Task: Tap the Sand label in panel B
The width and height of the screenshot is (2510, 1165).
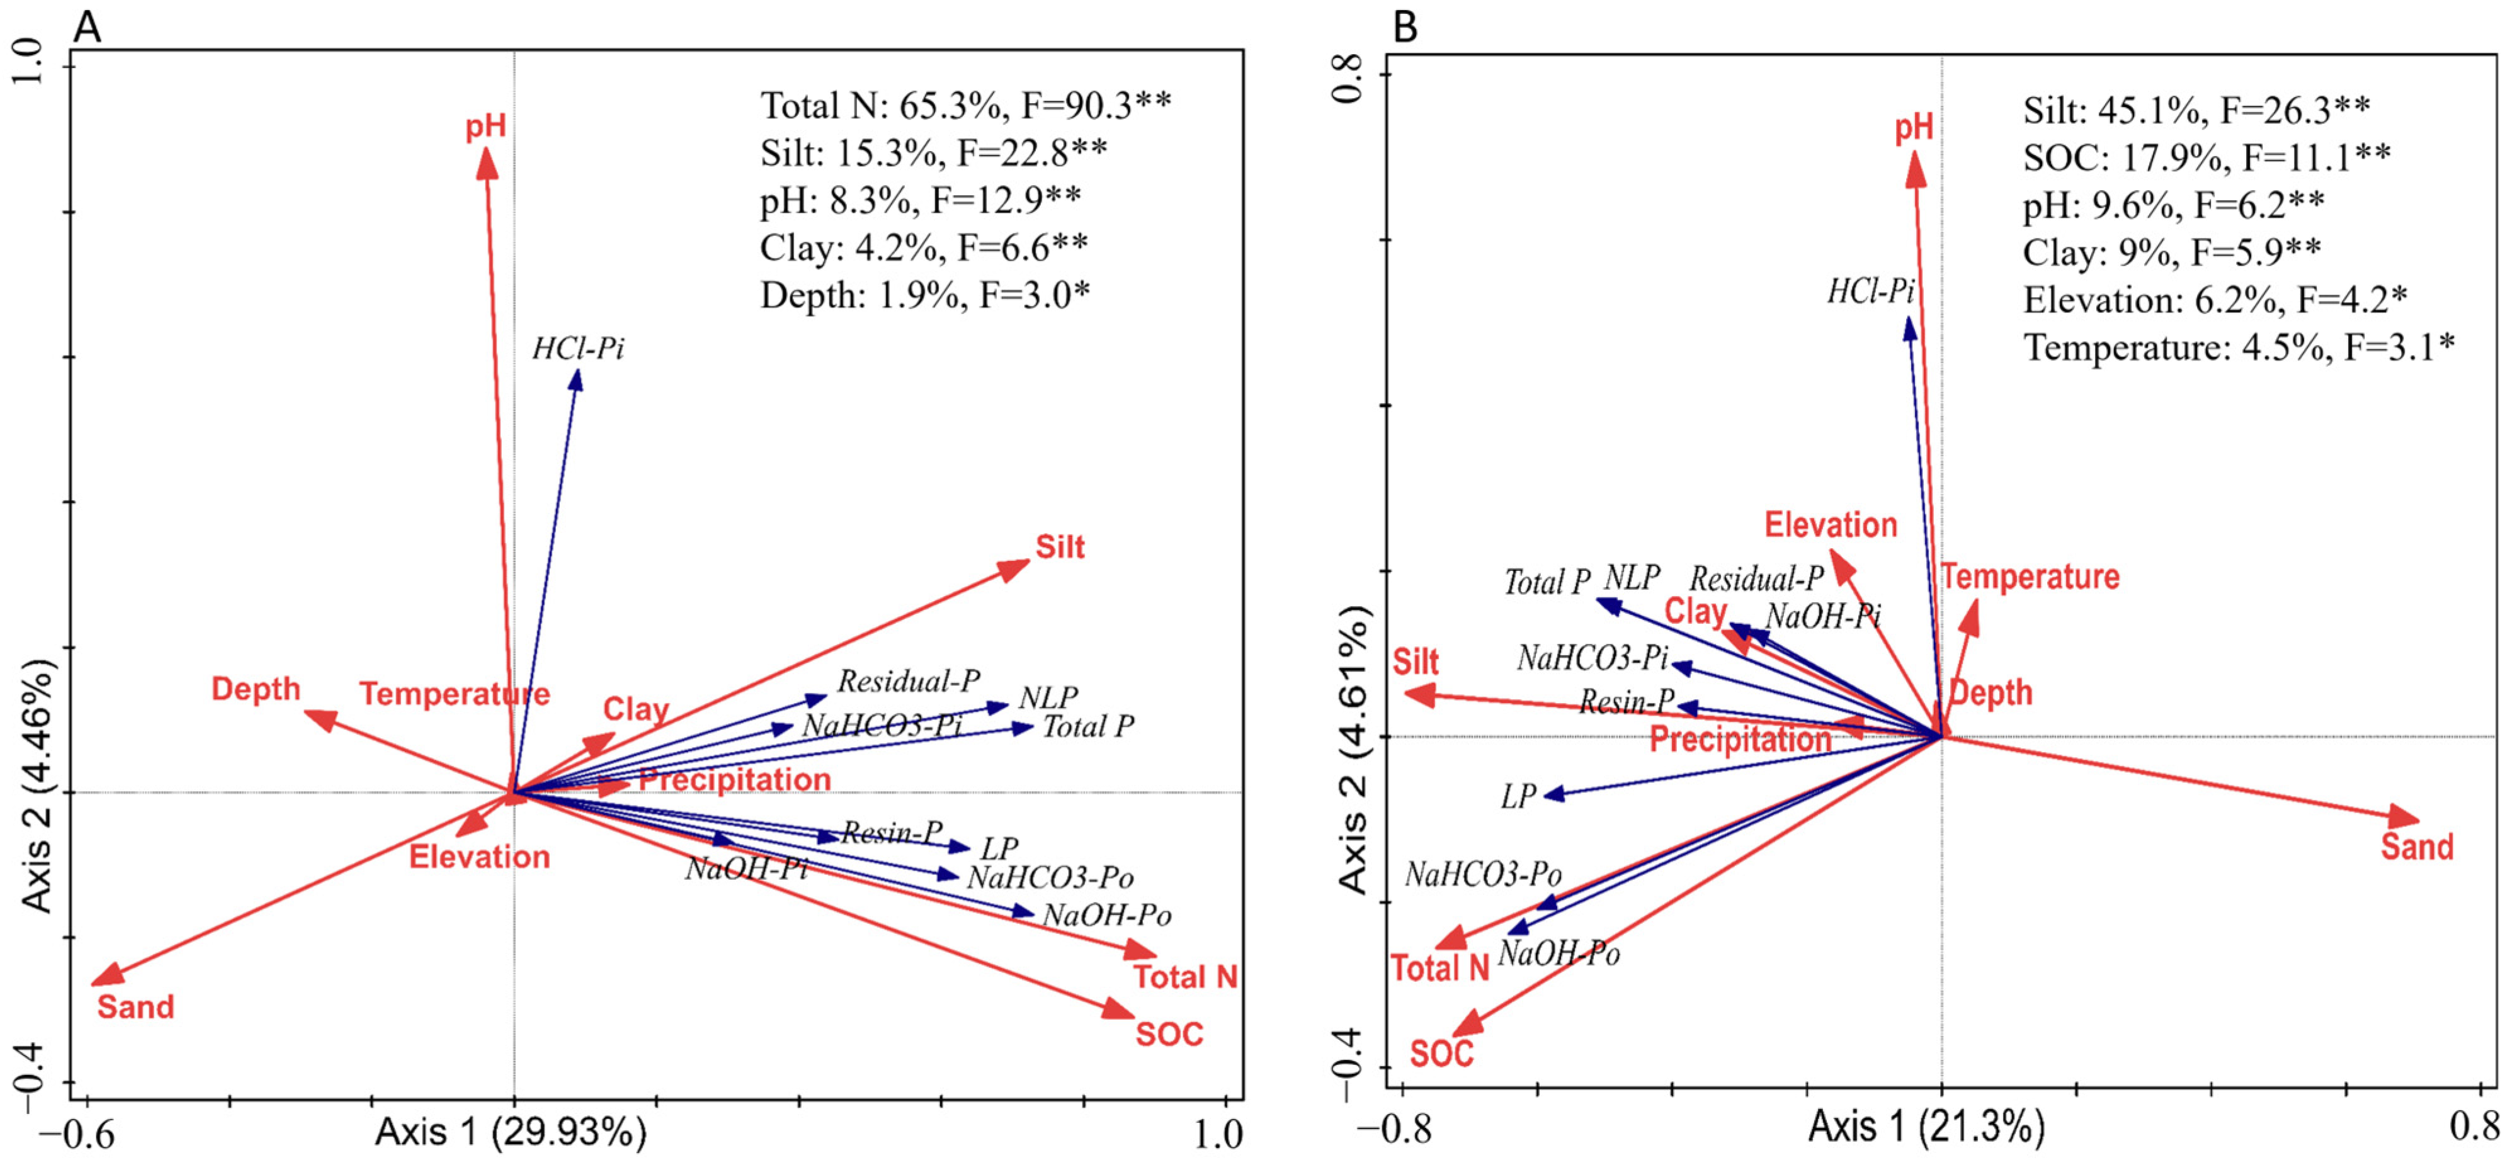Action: [x=2416, y=847]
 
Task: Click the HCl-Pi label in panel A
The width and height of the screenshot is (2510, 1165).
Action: [x=578, y=349]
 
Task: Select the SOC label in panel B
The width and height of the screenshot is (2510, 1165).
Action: [x=1441, y=1053]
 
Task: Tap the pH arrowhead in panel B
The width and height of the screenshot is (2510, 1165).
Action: [x=1916, y=171]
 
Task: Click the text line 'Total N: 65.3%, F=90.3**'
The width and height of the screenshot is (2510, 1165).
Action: [x=965, y=105]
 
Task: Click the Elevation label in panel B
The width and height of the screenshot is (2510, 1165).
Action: [x=1830, y=525]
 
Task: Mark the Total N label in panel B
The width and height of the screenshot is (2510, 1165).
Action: [x=1439, y=968]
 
